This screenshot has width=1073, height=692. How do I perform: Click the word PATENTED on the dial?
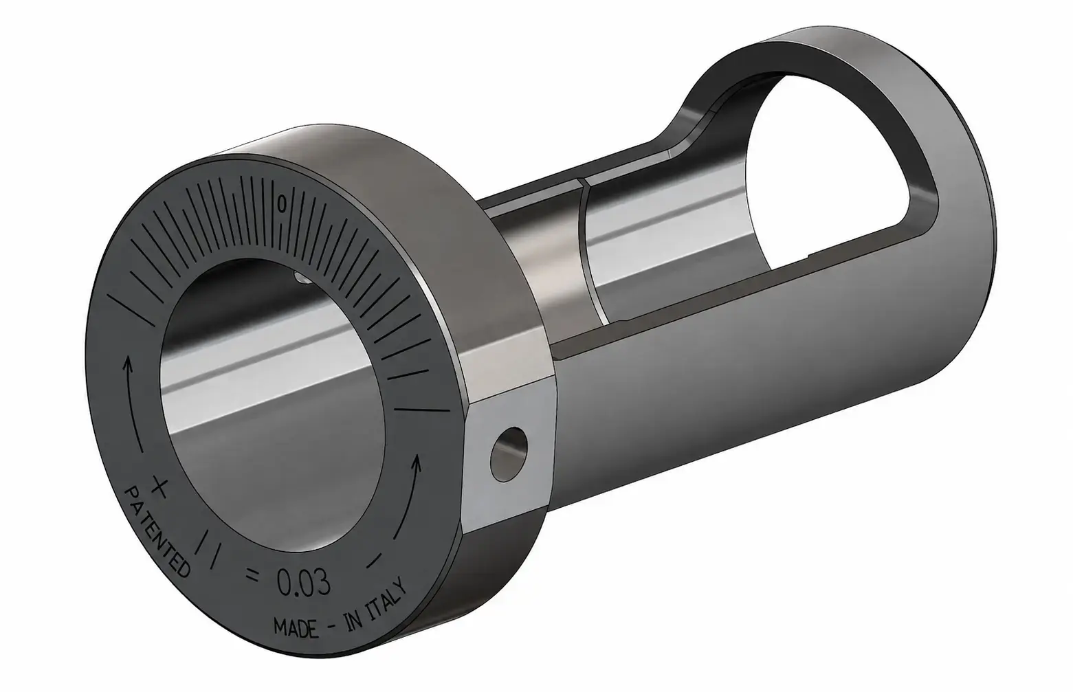coord(156,531)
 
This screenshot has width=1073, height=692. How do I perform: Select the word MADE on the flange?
coord(296,628)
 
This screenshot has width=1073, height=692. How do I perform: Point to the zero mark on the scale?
coord(283,203)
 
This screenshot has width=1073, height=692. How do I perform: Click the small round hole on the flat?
coord(509,455)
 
